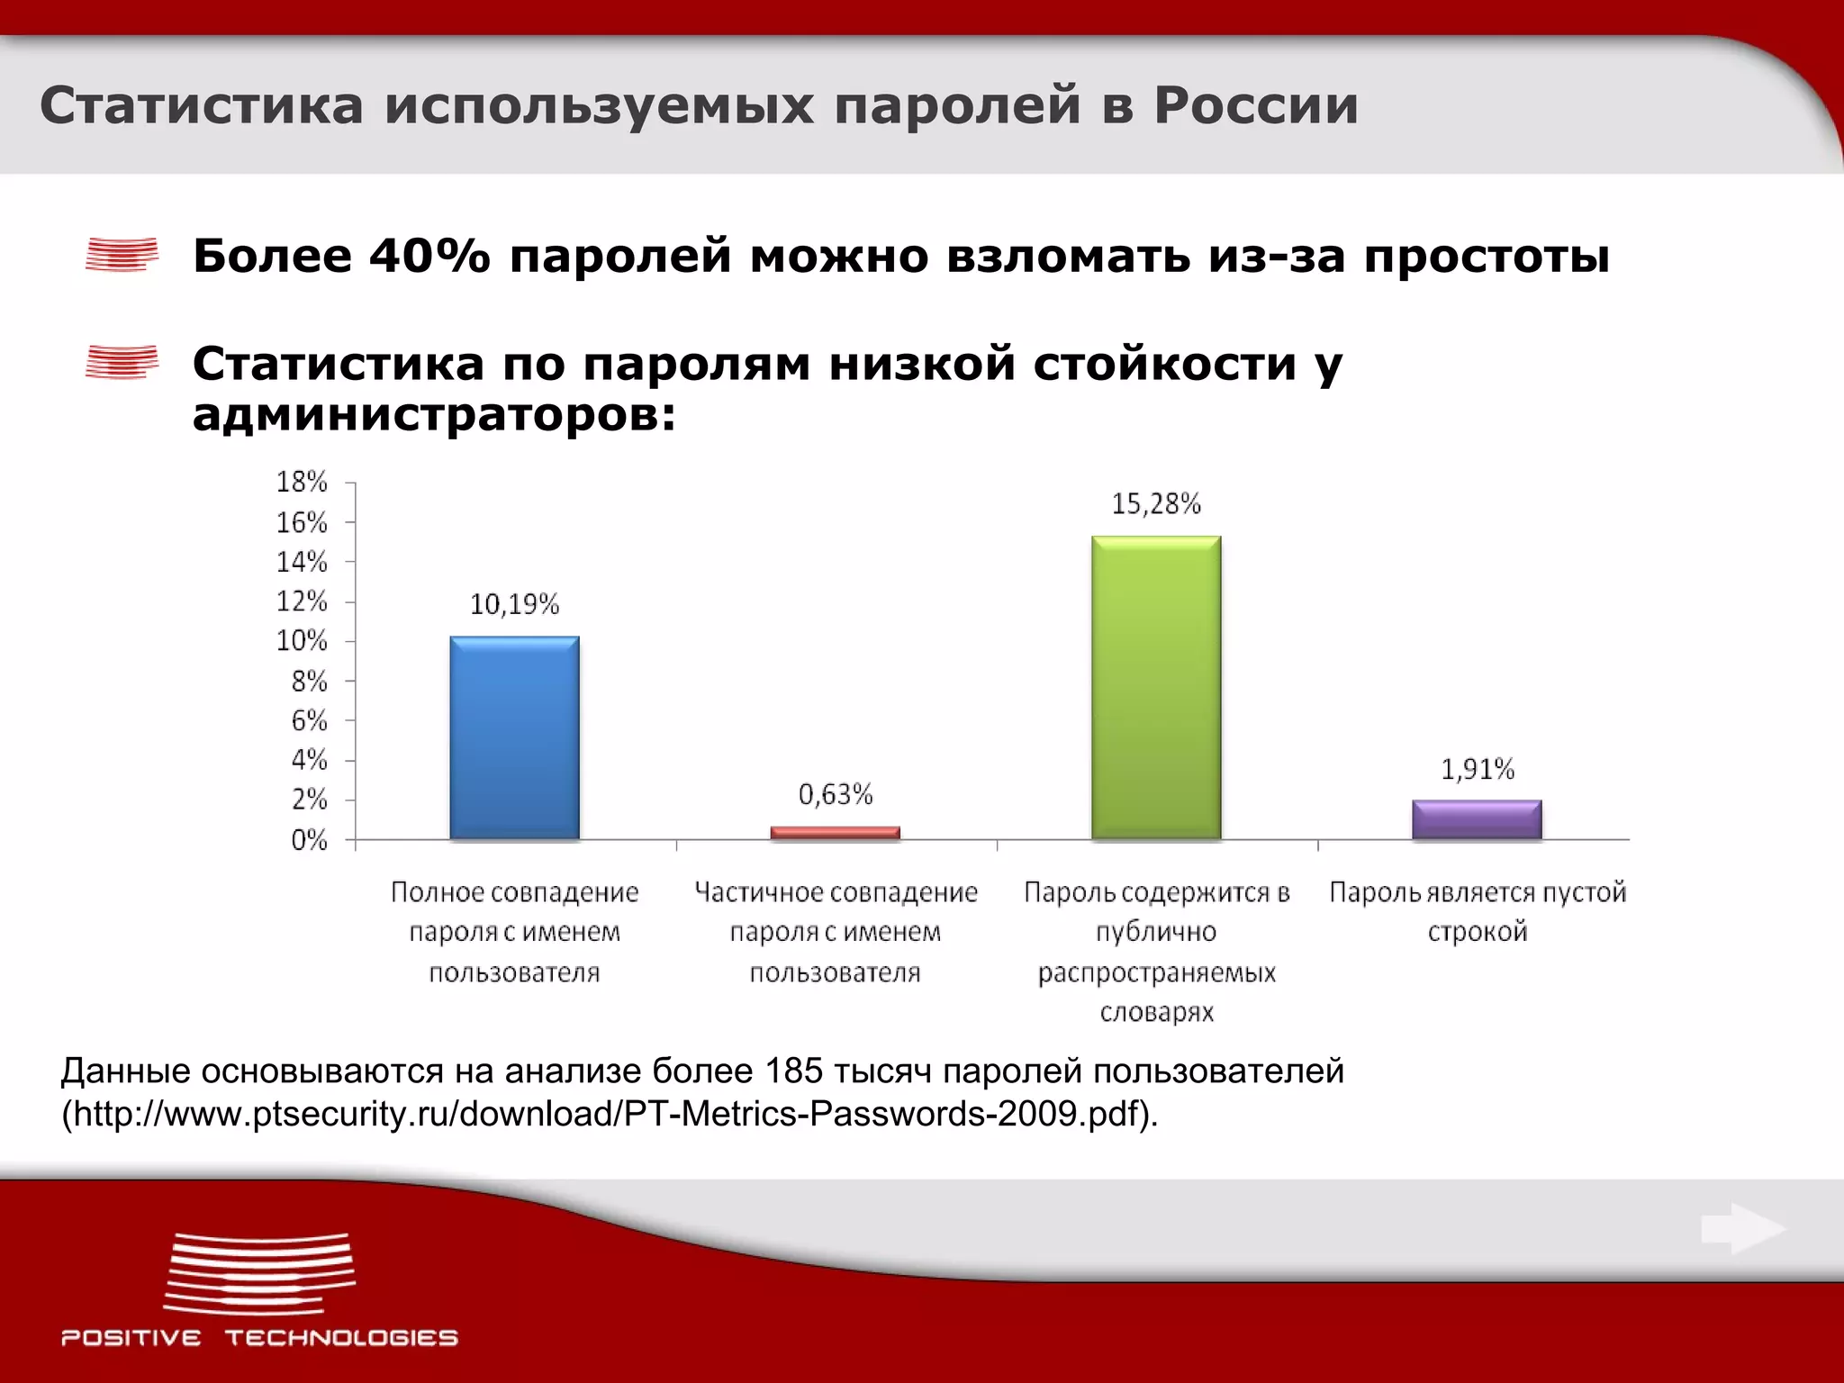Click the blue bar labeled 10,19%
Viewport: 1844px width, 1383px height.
pos(514,738)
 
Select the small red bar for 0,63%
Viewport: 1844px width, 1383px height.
pos(835,833)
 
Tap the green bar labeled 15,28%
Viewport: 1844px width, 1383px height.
pos(1156,688)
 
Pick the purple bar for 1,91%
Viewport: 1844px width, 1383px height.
pos(1477,819)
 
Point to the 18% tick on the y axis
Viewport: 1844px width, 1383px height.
pos(302,483)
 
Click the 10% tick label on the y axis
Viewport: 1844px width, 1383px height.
pos(302,641)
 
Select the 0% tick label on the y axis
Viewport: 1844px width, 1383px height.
pos(309,840)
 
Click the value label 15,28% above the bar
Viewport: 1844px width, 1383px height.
pos(1156,504)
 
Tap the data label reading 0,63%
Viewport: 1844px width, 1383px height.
pos(836,794)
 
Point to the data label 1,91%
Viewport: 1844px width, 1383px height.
pos(1478,769)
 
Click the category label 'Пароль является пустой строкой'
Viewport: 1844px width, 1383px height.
pos(1478,911)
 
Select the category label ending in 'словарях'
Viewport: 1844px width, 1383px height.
pos(1157,952)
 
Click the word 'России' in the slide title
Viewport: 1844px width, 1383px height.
pos(1256,105)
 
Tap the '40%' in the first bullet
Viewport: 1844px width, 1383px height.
pos(429,256)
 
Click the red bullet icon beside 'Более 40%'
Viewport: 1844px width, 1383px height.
pos(122,254)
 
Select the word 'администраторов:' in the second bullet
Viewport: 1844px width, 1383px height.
pos(434,415)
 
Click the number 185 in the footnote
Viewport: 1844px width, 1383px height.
pos(794,1071)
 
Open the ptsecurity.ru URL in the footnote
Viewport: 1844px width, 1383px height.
pos(609,1114)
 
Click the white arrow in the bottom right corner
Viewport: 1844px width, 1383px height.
pos(1742,1229)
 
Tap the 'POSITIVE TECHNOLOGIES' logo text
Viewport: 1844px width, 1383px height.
pos(259,1337)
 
